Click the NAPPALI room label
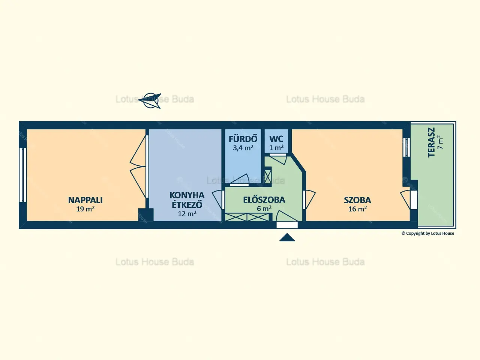coord(85,200)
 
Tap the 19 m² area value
coord(85,209)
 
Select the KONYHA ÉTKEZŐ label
coord(187,200)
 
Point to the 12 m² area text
coord(187,213)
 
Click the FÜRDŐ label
coord(243,139)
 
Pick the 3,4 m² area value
coord(243,148)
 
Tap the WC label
coord(276,139)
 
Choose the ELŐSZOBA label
coord(264,200)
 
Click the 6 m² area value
coord(264,208)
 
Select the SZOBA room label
coord(357,200)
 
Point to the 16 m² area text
coord(357,209)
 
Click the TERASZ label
coord(432,142)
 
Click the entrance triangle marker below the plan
coord(287,237)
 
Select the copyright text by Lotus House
coord(428,234)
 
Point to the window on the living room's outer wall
coord(23,175)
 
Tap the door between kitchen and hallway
coord(218,200)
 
